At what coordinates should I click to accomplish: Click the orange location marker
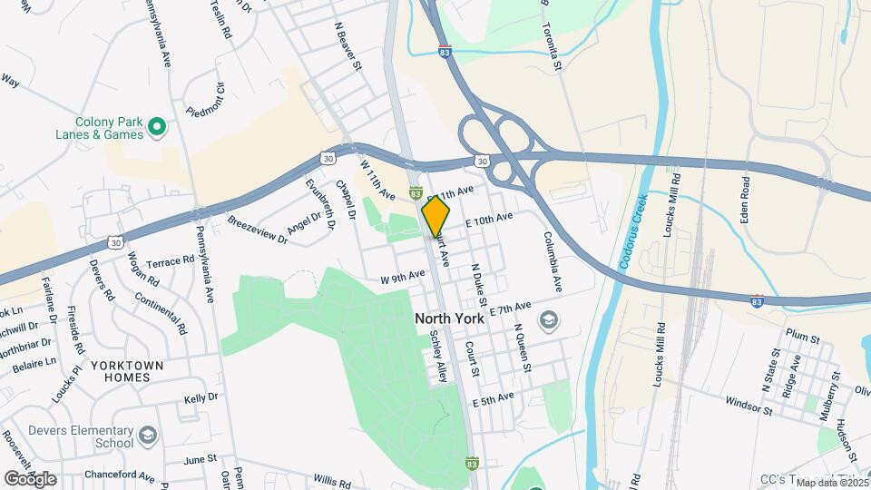[435, 217]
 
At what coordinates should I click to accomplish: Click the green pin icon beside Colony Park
[156, 128]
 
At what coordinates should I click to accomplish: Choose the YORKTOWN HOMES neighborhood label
[127, 372]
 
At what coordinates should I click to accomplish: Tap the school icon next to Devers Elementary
[148, 438]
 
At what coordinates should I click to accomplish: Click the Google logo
[31, 478]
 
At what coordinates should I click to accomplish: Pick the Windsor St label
[749, 405]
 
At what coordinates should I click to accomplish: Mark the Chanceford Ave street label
[121, 475]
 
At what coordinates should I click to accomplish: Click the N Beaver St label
[348, 48]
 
